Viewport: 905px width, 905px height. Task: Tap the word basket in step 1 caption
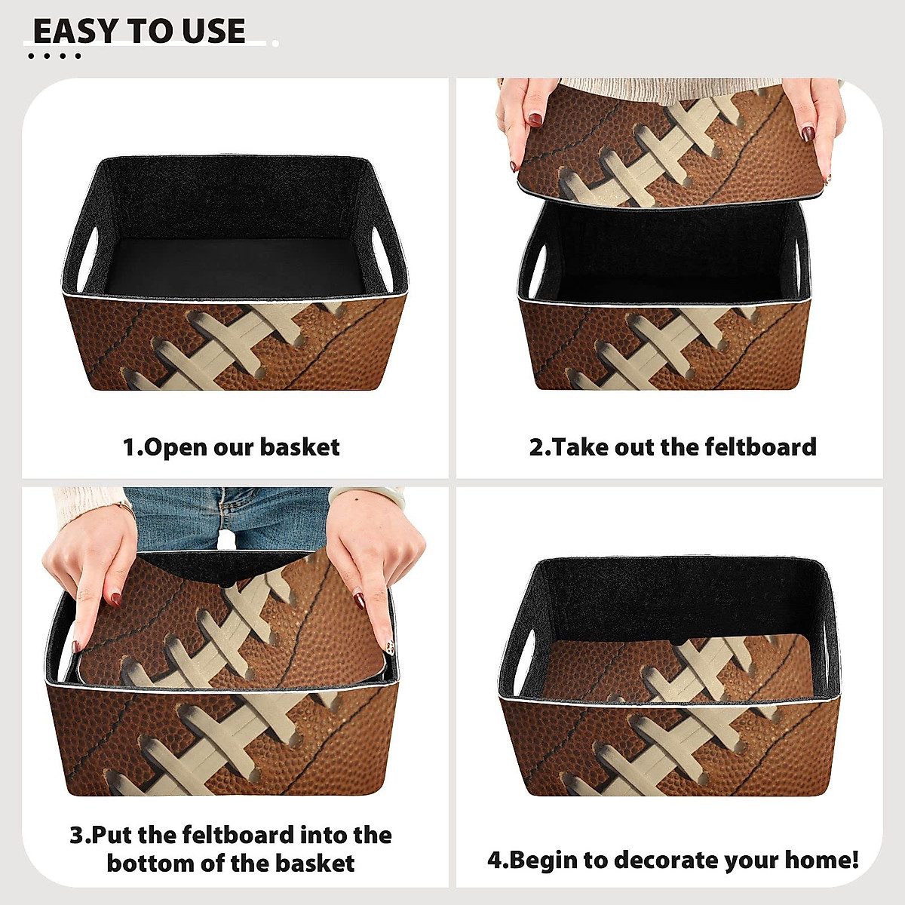[x=299, y=447]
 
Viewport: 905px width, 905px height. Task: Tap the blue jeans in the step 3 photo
[x=226, y=517]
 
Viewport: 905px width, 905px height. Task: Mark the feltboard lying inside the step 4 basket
[x=679, y=671]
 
